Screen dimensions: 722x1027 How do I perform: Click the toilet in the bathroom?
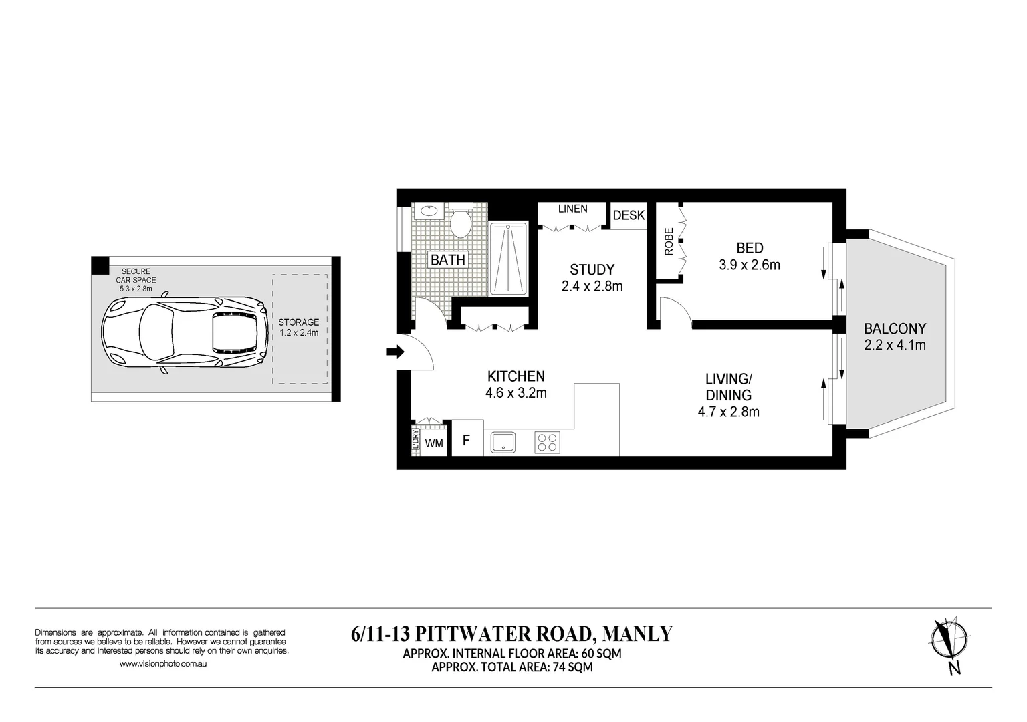(x=460, y=223)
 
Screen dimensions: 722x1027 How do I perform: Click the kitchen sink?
(x=503, y=443)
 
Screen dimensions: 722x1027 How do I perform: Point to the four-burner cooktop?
(x=546, y=443)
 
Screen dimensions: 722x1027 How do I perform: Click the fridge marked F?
(x=467, y=441)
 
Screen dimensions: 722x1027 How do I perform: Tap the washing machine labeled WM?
(x=434, y=443)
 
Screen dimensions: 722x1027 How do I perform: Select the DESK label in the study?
(x=629, y=215)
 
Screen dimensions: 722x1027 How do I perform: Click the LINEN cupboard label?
(x=572, y=209)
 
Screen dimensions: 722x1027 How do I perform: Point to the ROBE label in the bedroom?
(x=669, y=242)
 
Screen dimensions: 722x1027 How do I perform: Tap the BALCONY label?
(x=895, y=329)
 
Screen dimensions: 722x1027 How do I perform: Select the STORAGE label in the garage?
(x=298, y=322)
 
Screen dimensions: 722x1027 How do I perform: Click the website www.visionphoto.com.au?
(x=162, y=664)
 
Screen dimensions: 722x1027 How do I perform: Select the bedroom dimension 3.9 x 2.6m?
(x=749, y=265)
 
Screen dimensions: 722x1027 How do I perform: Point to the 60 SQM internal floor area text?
(x=595, y=653)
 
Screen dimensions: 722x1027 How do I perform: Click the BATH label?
(x=447, y=260)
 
